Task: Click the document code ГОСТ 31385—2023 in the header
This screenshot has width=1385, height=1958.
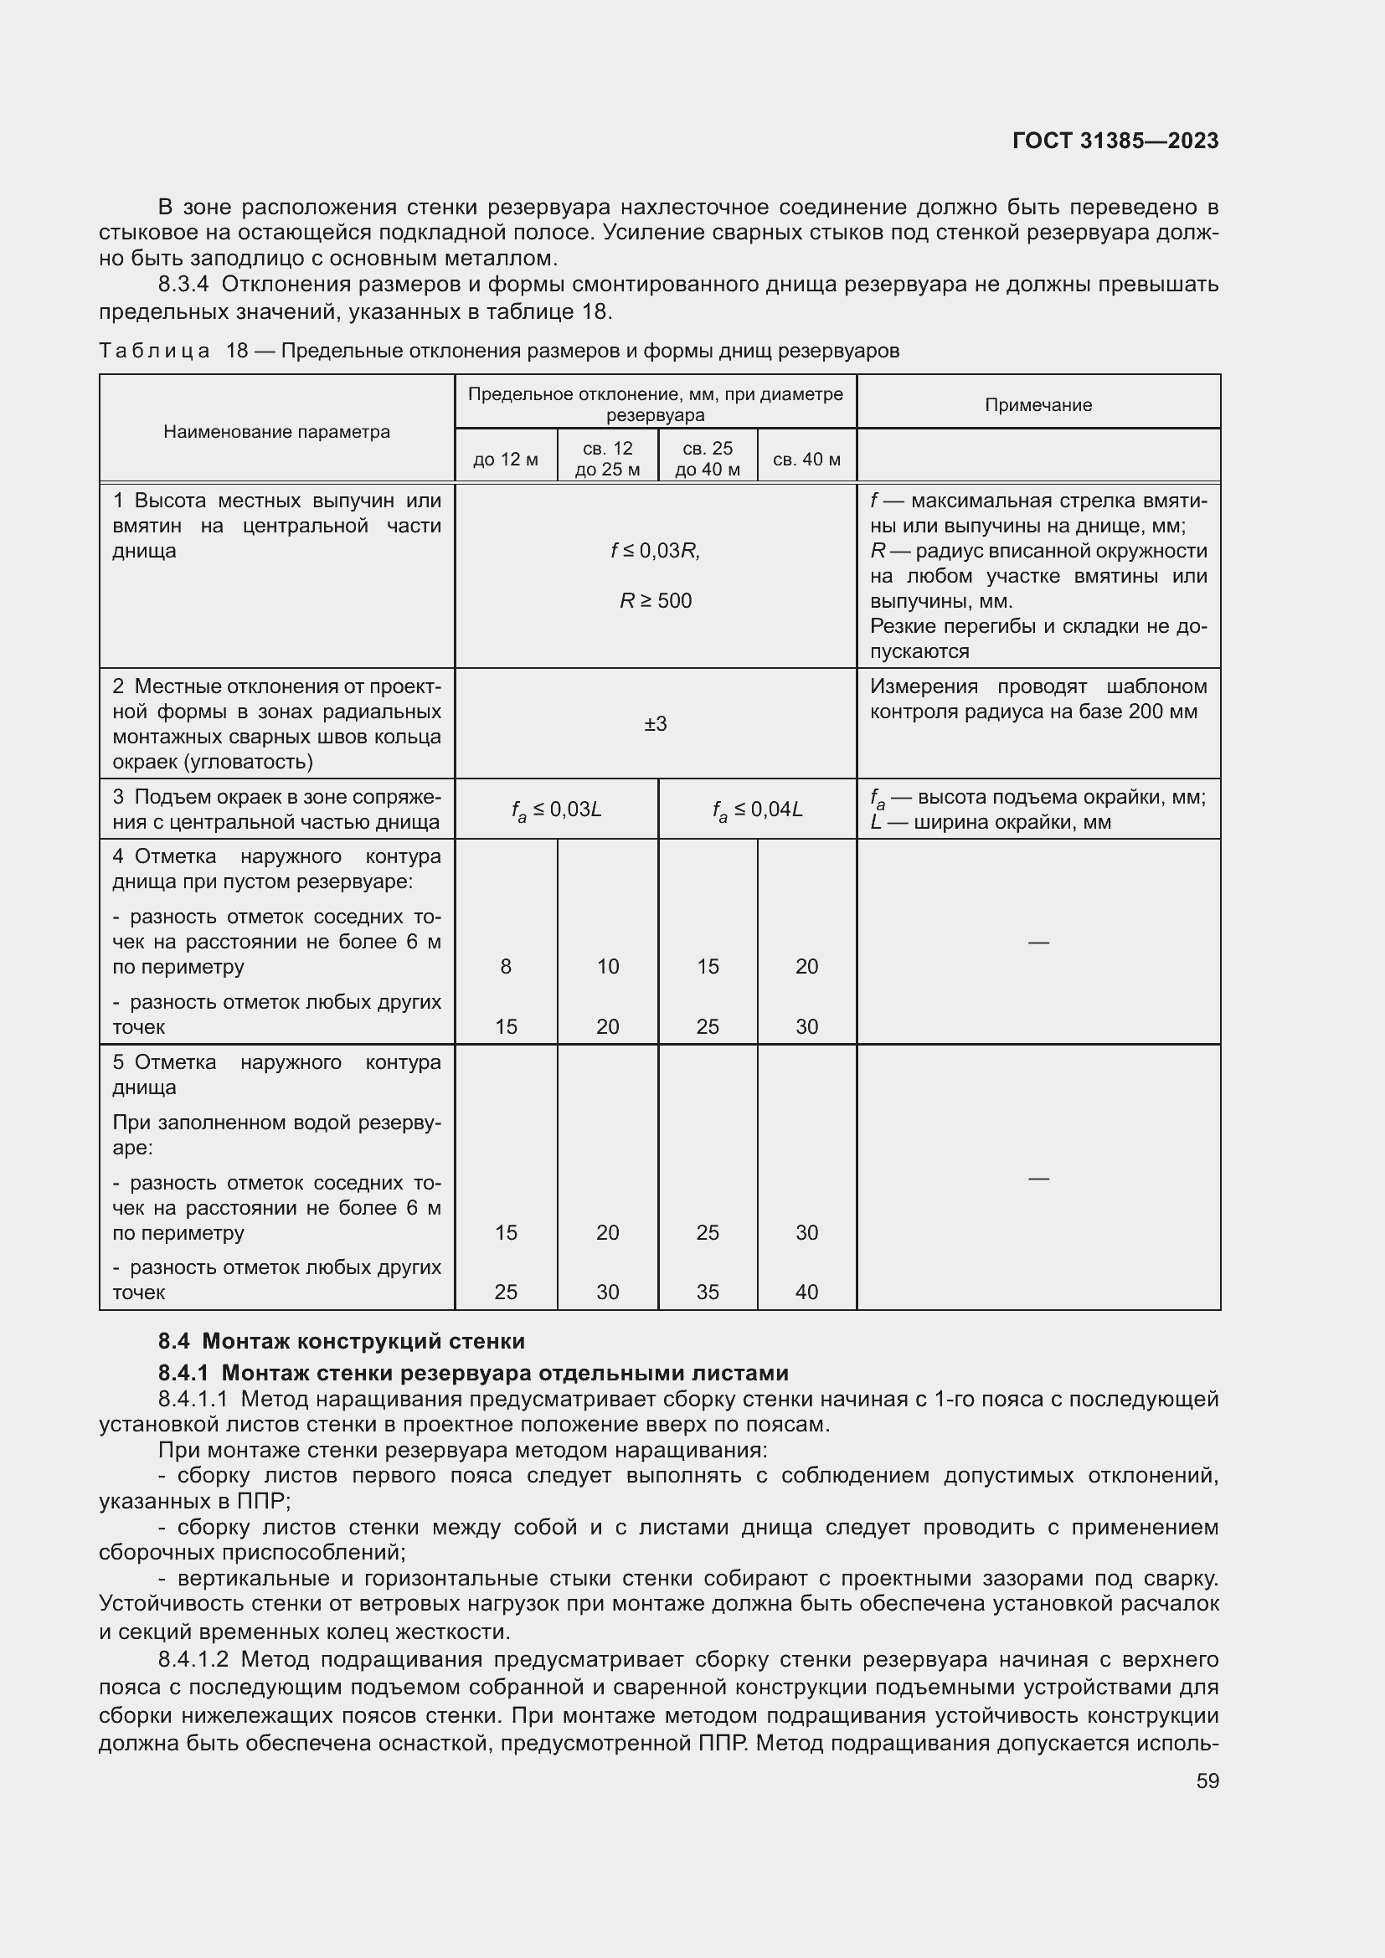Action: [1115, 141]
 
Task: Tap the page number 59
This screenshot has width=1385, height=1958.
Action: [1207, 1781]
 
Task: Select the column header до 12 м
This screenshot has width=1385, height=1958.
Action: [506, 460]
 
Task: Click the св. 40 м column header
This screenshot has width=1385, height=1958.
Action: [806, 460]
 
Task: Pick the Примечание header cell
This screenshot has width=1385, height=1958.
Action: [1037, 405]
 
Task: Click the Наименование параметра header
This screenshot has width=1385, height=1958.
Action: [276, 431]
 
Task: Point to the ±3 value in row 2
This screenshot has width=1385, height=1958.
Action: [655, 724]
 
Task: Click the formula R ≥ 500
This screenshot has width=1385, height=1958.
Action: [655, 601]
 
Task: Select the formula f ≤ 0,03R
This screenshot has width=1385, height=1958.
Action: [655, 551]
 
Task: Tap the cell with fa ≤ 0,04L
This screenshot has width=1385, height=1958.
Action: [757, 809]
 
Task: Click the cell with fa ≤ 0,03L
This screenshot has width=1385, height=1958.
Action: [556, 809]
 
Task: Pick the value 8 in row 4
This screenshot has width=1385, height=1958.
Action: [506, 966]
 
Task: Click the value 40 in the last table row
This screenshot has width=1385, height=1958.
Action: [806, 1292]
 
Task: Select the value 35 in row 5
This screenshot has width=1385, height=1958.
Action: [708, 1292]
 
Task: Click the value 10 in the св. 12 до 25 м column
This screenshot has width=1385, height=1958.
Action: [607, 966]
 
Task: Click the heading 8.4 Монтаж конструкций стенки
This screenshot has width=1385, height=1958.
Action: [341, 1340]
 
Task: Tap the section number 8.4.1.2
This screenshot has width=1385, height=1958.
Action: [193, 1659]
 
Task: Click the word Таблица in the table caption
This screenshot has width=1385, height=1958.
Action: [154, 352]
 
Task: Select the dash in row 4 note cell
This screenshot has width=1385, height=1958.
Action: [1037, 943]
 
